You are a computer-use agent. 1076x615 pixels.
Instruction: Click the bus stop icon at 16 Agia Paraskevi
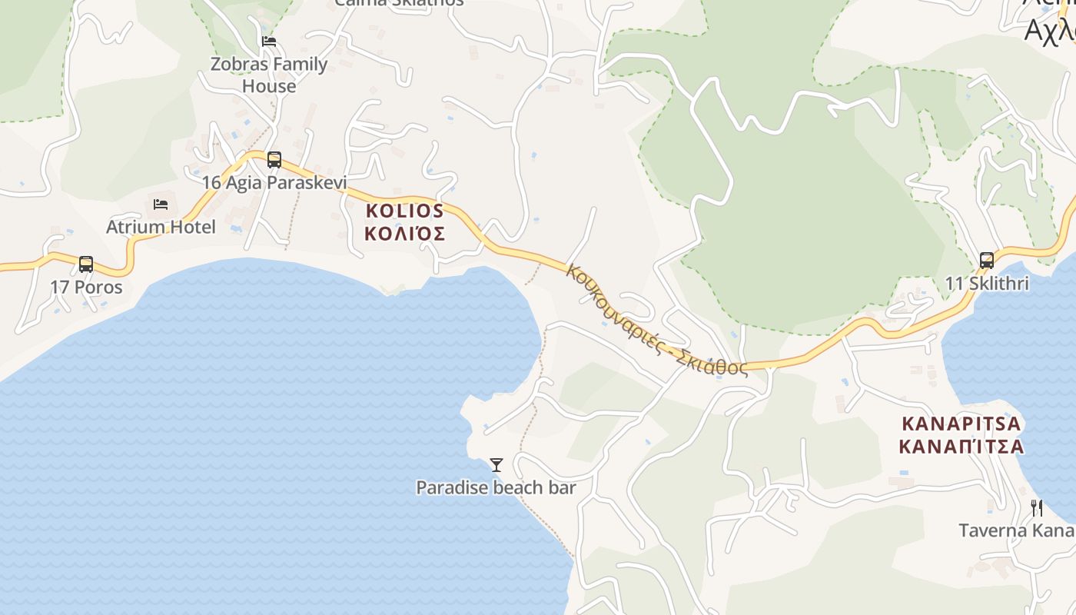point(274,160)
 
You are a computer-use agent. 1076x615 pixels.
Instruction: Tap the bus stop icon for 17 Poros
point(86,264)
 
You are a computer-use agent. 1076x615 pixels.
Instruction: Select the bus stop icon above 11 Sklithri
point(987,261)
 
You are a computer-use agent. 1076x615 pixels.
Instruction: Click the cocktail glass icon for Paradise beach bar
point(496,465)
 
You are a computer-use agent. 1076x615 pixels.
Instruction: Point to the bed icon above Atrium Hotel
point(161,204)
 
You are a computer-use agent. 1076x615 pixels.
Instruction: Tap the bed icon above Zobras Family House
point(269,42)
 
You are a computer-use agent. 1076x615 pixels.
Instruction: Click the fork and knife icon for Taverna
point(1037,508)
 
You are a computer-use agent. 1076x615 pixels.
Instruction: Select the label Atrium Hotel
point(161,228)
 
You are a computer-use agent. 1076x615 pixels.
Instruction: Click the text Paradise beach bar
point(496,487)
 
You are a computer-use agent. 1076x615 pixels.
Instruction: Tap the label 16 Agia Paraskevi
point(274,183)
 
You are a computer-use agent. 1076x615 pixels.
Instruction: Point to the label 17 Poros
point(86,288)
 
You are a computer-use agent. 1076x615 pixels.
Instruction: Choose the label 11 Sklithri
point(987,284)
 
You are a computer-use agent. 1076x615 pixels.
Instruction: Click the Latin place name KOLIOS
point(404,211)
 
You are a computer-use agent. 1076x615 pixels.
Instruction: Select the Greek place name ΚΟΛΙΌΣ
point(404,234)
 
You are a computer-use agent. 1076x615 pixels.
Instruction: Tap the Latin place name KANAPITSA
point(961,424)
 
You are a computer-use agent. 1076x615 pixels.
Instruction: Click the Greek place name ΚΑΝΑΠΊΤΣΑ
point(961,447)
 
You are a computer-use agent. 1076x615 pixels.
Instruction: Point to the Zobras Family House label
point(269,75)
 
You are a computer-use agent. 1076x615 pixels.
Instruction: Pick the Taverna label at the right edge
point(1016,530)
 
